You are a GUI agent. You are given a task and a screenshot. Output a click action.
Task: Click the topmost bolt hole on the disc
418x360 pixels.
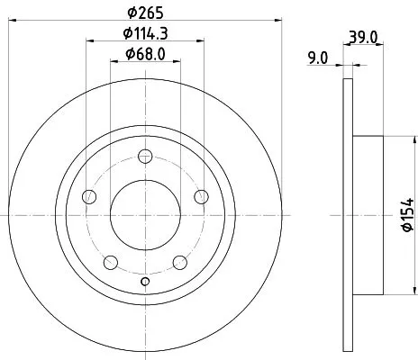point(144,157)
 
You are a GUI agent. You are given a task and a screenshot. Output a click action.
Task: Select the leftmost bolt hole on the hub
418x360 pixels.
point(88,197)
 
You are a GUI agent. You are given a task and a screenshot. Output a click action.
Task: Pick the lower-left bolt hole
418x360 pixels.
point(110,262)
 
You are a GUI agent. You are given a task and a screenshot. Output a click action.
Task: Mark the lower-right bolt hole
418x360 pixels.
point(178,262)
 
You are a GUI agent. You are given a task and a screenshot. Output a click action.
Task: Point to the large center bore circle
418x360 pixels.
point(144,215)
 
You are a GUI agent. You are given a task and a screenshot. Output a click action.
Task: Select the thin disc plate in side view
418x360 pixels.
point(347,215)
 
